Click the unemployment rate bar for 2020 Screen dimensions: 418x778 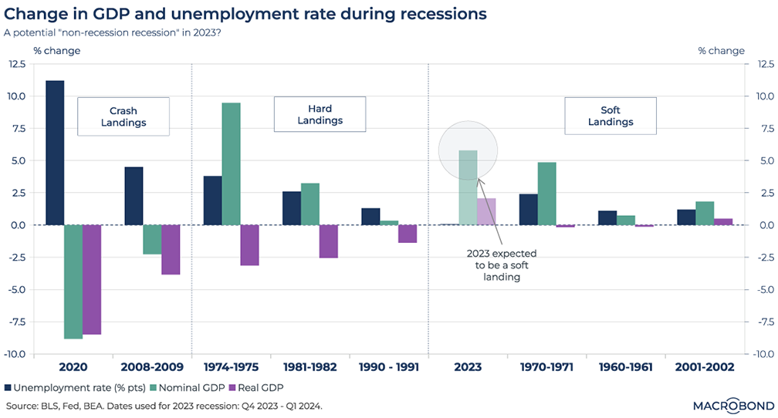55,153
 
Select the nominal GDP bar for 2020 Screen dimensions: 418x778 73,281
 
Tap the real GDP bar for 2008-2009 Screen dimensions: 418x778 171,249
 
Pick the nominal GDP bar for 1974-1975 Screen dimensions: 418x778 231,163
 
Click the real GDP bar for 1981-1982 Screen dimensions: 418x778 328,241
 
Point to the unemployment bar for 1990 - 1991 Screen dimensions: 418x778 370,217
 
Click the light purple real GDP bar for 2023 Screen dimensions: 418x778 486,211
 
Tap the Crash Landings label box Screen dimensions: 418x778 123,116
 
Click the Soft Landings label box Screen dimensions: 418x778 611,116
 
